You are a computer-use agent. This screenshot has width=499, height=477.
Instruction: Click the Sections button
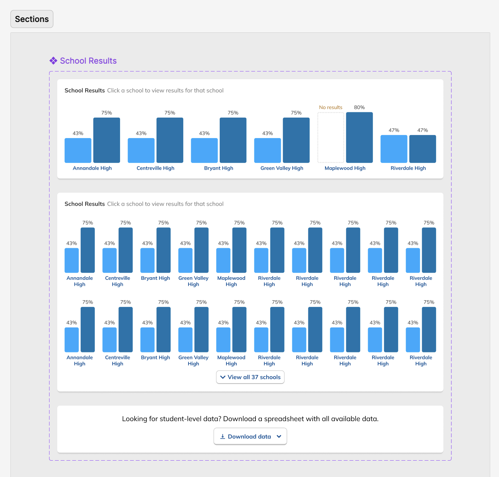point(32,19)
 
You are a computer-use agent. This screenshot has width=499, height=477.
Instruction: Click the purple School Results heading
point(88,61)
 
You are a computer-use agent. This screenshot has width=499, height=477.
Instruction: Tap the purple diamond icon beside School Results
point(54,61)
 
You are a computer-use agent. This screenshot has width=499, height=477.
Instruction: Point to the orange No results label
point(331,107)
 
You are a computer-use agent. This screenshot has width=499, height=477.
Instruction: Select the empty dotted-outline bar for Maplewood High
point(331,138)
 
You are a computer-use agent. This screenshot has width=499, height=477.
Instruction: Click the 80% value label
point(359,107)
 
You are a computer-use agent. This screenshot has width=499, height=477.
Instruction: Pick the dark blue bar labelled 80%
point(359,138)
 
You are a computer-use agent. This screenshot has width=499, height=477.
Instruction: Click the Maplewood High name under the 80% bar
point(345,168)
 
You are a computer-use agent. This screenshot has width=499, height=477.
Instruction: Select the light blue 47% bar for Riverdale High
point(394,149)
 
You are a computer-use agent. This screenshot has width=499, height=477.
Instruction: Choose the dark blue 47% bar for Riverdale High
point(422,149)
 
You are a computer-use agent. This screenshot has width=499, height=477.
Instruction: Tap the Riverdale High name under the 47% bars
point(408,168)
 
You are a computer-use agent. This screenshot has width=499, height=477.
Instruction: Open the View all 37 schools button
point(250,377)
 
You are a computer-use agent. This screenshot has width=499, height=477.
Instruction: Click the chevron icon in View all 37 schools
point(223,377)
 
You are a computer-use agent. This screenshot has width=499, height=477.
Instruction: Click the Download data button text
point(249,436)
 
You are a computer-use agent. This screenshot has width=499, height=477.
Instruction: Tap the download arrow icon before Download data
point(222,436)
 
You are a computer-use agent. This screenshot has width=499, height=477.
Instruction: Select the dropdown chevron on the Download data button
point(279,436)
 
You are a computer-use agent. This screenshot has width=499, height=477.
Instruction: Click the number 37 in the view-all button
point(255,377)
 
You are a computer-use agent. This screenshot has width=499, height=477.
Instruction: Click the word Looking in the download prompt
point(135,419)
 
